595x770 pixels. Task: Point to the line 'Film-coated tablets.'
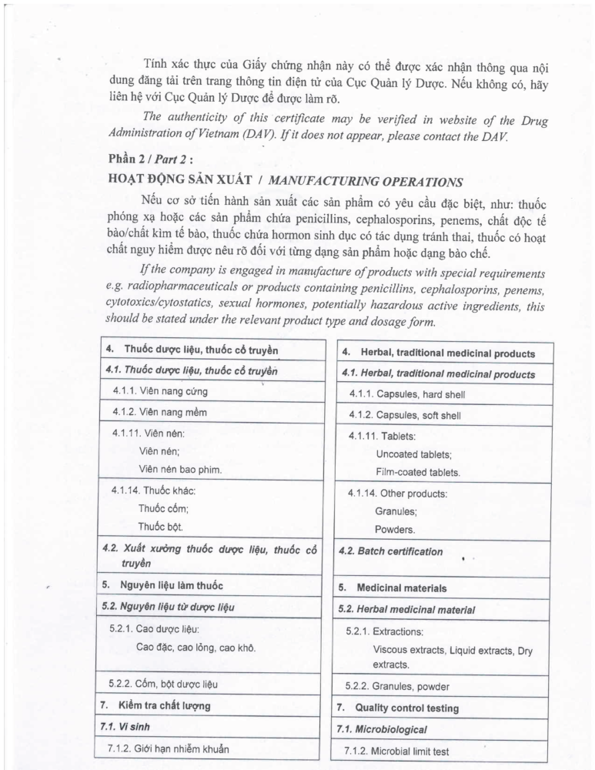pyautogui.click(x=418, y=472)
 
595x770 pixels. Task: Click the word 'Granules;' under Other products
pyautogui.click(x=396, y=511)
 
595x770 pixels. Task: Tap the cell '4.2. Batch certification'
pyautogui.click(x=391, y=551)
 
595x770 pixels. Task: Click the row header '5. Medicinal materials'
pyautogui.click(x=394, y=588)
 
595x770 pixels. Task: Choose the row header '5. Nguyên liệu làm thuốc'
pyautogui.click(x=162, y=586)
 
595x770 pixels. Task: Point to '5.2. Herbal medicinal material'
pyautogui.click(x=406, y=609)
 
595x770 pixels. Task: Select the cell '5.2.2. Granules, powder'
pyautogui.click(x=399, y=687)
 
